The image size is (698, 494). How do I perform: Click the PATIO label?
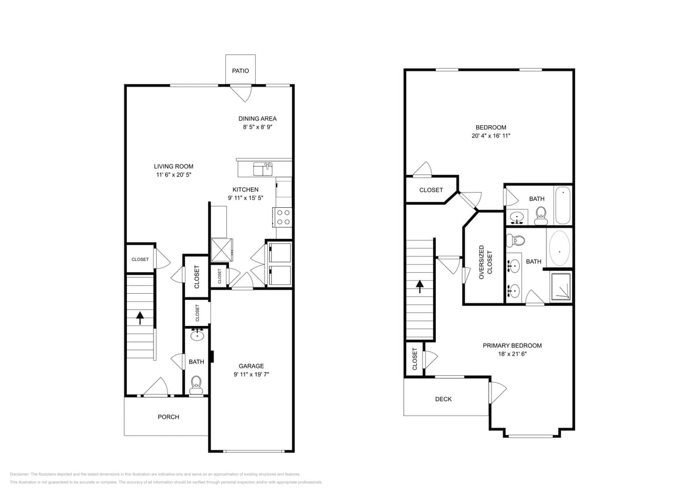[x=240, y=71]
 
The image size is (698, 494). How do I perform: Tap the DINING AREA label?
[x=257, y=119]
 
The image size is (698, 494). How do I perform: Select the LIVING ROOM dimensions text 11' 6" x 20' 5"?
[x=173, y=174]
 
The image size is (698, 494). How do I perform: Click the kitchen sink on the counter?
[x=263, y=169]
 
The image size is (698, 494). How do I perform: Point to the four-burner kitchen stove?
[x=283, y=217]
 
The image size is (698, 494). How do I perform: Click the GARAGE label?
[x=251, y=366]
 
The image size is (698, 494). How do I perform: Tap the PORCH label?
[x=169, y=417]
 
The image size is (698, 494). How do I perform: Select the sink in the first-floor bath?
[x=197, y=335]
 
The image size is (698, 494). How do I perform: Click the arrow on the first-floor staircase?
[x=140, y=318]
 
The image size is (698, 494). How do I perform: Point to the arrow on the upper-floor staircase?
[x=420, y=286]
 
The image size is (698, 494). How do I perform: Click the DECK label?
[x=443, y=399]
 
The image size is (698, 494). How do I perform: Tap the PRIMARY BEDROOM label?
[x=512, y=345]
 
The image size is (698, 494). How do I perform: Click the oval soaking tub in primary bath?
[x=559, y=248]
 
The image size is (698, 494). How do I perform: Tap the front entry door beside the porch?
[x=156, y=388]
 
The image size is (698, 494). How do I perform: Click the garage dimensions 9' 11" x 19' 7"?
[x=251, y=375]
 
